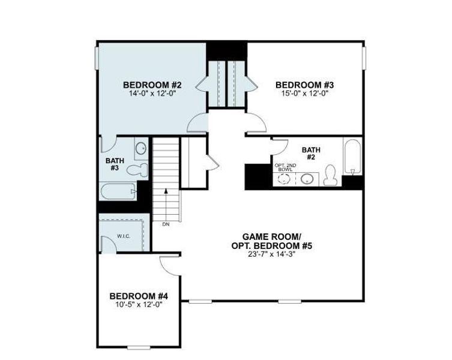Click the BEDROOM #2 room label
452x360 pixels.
tap(152, 85)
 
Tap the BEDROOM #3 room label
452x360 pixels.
tap(304, 85)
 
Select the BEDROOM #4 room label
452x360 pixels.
tap(138, 296)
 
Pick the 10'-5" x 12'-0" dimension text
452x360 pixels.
tap(138, 304)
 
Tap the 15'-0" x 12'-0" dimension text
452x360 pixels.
tap(304, 93)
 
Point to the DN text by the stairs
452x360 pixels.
tap(166, 224)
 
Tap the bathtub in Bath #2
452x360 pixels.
tap(352, 157)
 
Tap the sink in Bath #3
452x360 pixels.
tap(140, 148)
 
